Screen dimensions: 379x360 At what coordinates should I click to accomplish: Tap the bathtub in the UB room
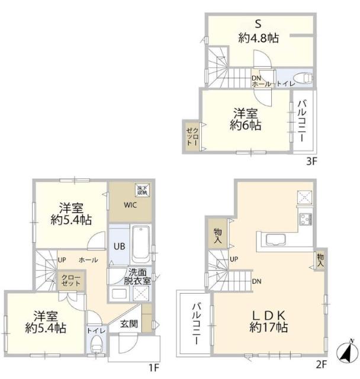click(x=141, y=244)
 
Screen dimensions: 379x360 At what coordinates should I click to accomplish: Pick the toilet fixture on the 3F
click(x=303, y=77)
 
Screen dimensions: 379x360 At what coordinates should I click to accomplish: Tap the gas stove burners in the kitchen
click(x=306, y=220)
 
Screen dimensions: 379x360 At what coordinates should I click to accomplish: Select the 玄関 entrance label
click(x=129, y=323)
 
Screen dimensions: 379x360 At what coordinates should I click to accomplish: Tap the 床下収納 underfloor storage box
click(x=142, y=189)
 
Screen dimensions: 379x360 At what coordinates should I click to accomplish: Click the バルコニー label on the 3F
click(x=302, y=120)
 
